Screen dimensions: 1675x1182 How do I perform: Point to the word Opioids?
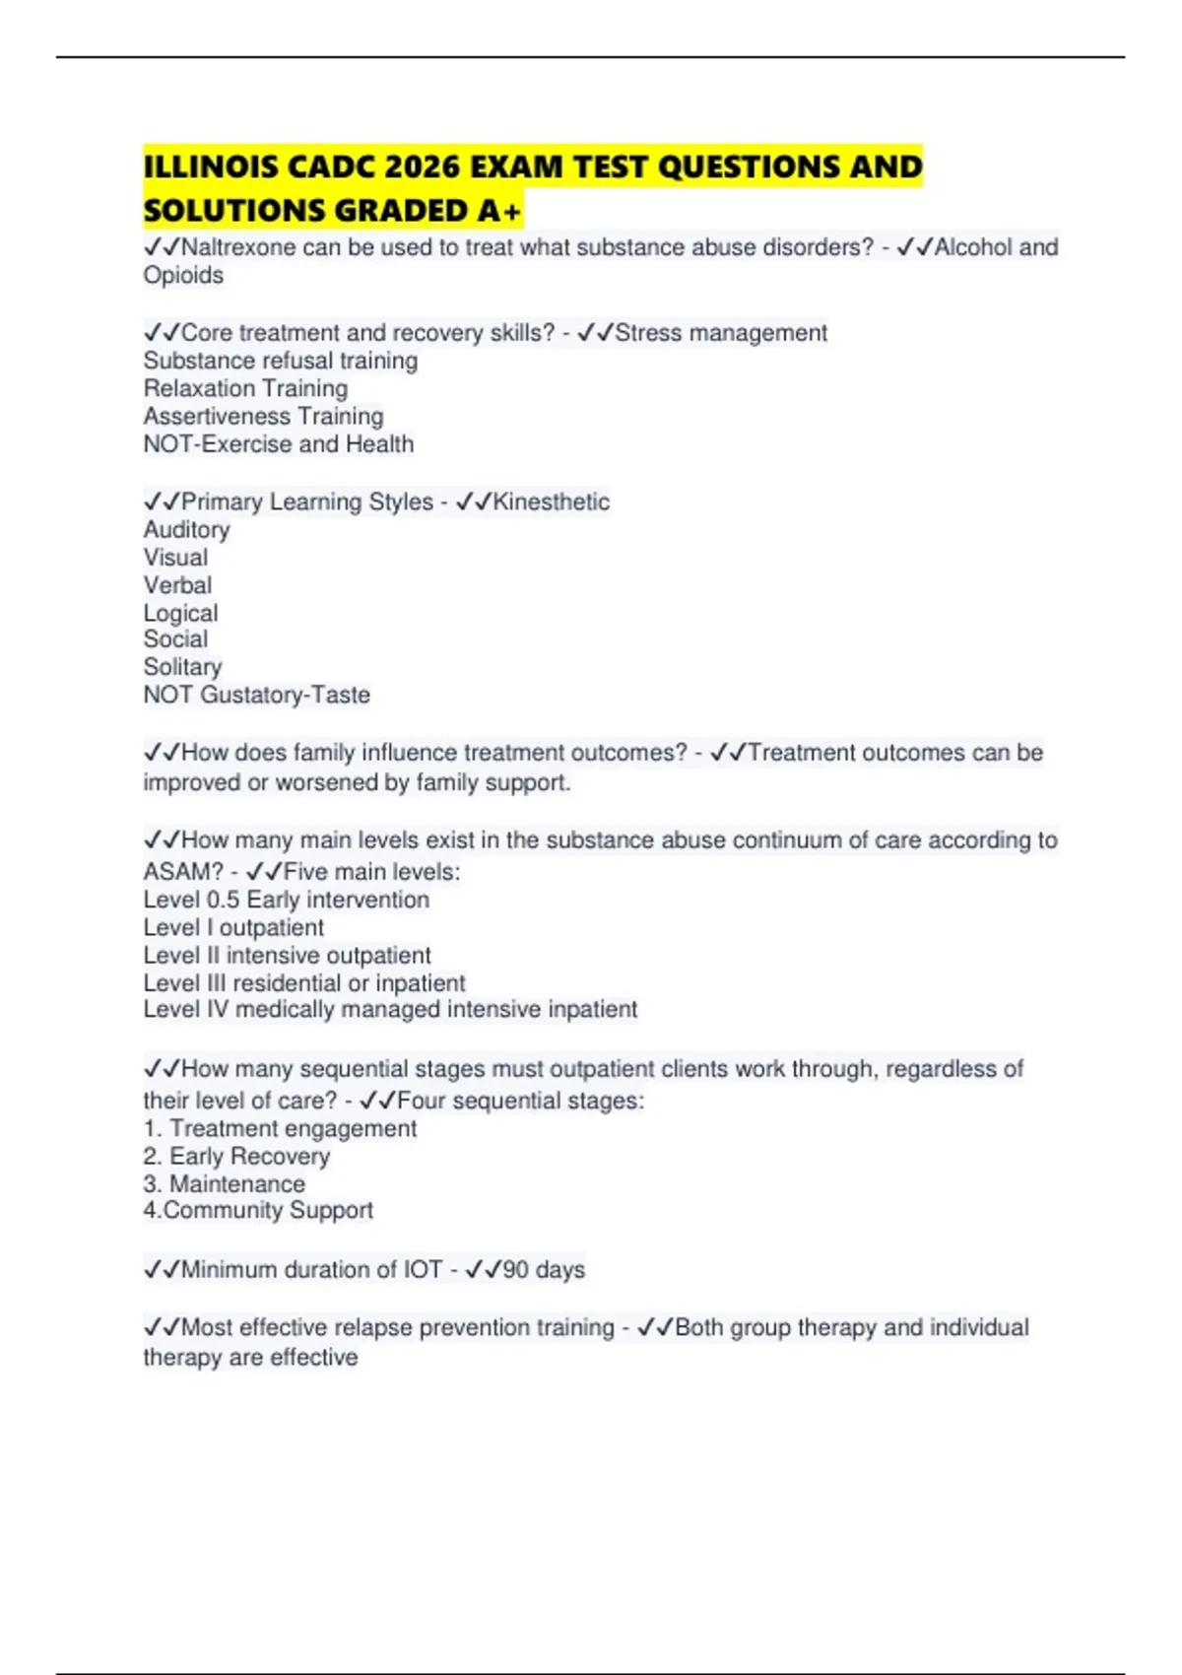point(183,276)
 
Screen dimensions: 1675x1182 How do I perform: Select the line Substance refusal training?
point(281,361)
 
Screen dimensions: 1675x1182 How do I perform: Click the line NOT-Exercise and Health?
point(279,444)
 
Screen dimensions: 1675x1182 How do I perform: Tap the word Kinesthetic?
point(551,502)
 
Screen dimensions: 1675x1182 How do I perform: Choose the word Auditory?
point(186,530)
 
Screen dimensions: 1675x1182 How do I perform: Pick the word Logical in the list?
point(180,613)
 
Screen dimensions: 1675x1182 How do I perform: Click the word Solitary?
point(182,667)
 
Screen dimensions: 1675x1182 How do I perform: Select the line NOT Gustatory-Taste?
point(257,695)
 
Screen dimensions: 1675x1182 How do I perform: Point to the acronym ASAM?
point(183,872)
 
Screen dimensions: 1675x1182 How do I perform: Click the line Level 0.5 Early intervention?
point(287,900)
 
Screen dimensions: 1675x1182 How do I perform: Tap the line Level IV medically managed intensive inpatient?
point(390,1010)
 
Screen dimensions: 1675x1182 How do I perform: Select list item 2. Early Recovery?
point(236,1156)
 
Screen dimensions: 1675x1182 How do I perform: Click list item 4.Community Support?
point(258,1210)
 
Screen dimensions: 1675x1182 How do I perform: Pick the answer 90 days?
point(544,1269)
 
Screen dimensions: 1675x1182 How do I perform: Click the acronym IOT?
point(423,1269)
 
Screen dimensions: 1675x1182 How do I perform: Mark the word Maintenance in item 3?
point(237,1183)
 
